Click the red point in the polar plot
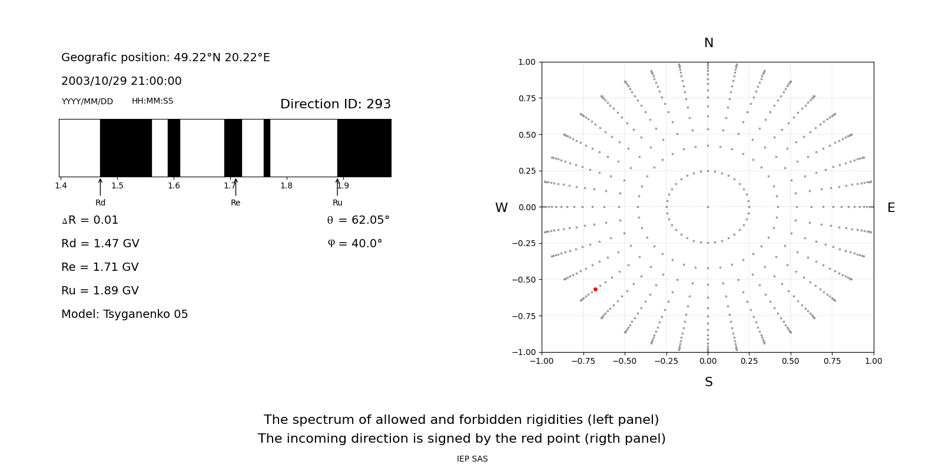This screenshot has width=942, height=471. pos(595,289)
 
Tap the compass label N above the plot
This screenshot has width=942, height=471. pos(709,43)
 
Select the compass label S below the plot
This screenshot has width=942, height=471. pos(709,382)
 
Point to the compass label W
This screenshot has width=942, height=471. pos(501,208)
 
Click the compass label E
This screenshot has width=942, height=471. pos(891,208)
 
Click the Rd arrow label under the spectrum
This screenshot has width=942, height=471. pos(101,203)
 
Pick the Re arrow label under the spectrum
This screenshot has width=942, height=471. pos(235,203)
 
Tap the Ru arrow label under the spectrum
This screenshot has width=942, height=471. pos(337,203)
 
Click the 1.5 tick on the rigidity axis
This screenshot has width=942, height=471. pos(118,186)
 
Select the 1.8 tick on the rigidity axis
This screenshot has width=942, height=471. pos(287,186)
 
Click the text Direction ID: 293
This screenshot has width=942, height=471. pos(336,104)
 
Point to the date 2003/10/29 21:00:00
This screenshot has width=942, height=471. pos(121,81)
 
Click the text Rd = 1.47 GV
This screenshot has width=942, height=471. pos(100,244)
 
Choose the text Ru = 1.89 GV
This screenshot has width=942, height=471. pos(100,291)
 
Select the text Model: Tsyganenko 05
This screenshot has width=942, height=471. pos(125,314)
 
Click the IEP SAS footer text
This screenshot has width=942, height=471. pos(472,459)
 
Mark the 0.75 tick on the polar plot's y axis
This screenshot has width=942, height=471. pos(526,98)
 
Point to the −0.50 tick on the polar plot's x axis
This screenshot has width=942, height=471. pos(625,361)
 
